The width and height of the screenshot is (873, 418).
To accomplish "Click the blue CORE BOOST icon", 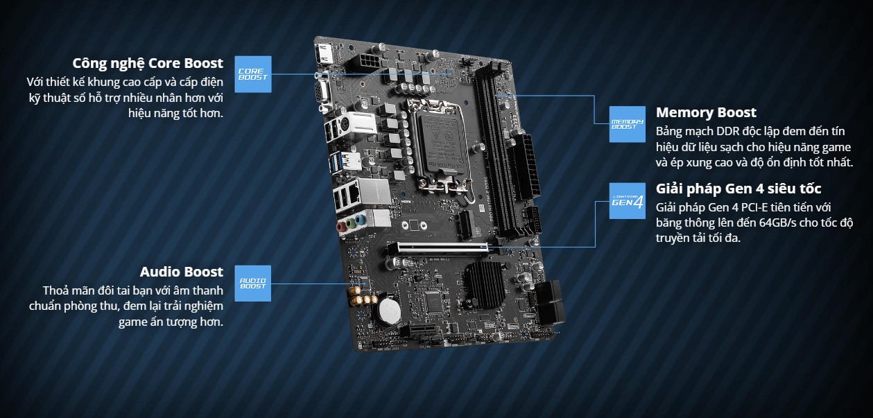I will (252, 73).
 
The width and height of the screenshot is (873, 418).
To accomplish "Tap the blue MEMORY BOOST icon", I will (627, 124).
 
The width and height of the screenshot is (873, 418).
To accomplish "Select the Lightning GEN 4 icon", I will (627, 201).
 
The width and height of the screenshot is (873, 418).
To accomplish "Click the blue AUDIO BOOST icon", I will (252, 283).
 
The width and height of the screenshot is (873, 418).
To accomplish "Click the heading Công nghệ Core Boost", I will (148, 63).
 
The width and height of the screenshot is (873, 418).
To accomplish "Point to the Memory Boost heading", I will (706, 112).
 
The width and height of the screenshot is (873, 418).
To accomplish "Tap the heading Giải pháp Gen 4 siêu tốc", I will (738, 189).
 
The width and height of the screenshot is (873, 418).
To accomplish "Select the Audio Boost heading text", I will (182, 272).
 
